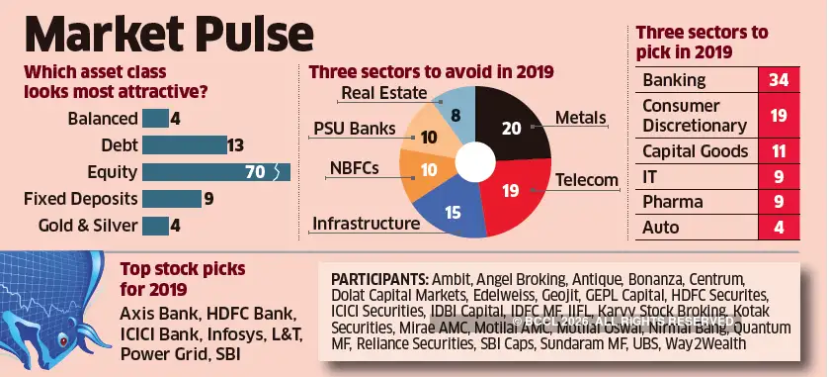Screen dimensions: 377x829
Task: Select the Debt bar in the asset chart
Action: point(184,145)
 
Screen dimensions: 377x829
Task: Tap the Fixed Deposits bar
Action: point(171,199)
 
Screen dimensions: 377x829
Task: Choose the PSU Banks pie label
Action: point(354,130)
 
